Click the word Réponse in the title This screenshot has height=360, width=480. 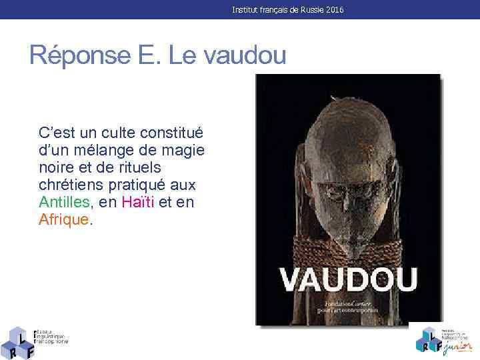75,55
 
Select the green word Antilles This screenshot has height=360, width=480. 64,203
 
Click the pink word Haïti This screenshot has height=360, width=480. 138,203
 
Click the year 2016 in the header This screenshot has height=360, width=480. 335,10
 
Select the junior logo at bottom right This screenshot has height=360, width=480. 443,339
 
